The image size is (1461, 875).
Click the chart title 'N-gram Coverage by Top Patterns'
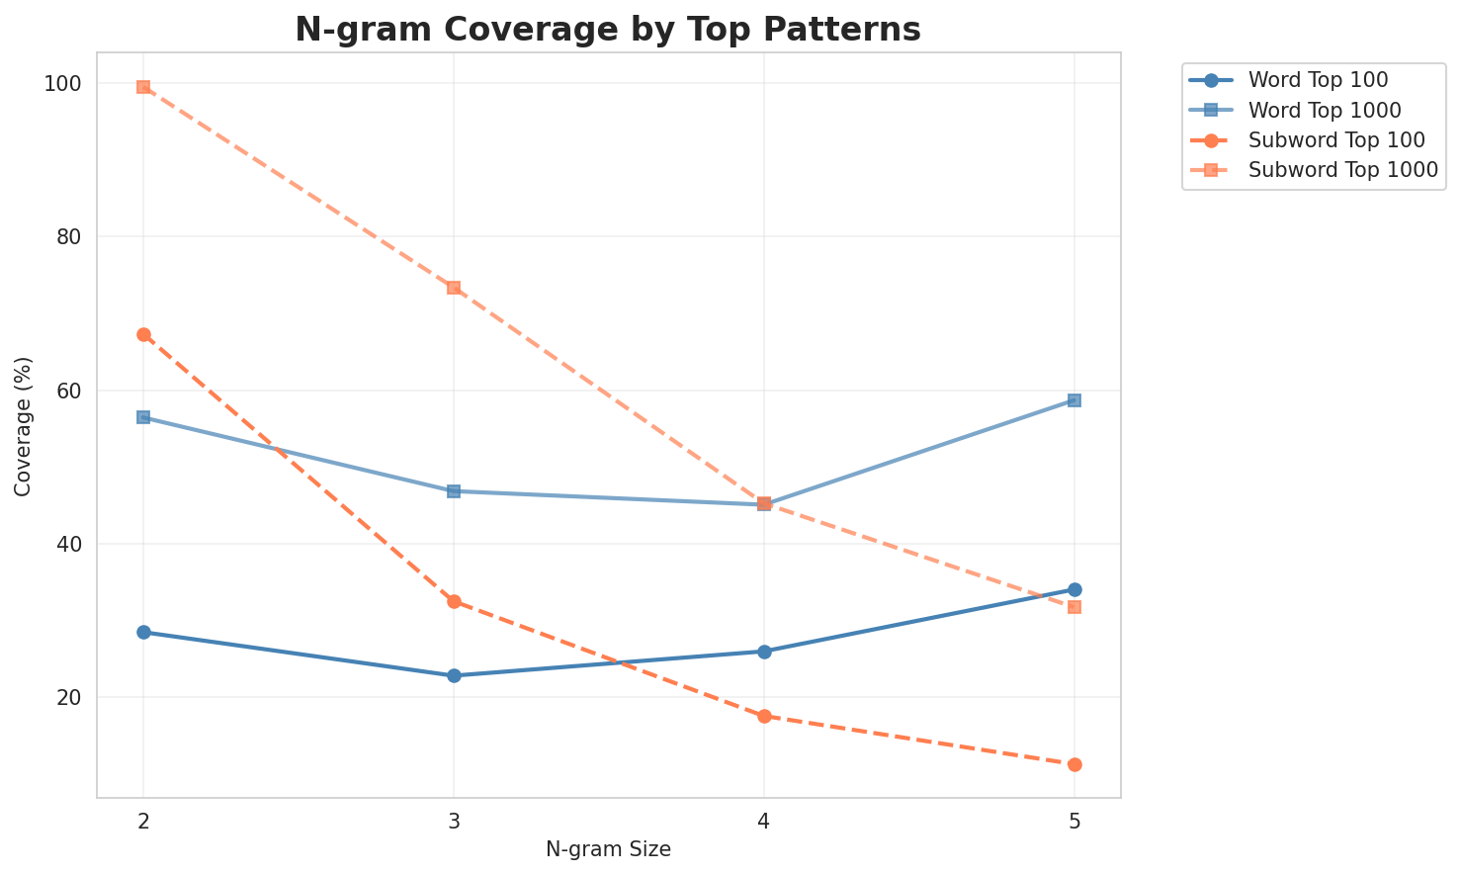[608, 30]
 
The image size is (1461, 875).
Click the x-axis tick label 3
[454, 820]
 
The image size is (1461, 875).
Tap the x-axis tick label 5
[1074, 820]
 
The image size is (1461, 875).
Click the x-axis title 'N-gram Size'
[608, 849]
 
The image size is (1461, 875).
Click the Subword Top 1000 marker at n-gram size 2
[143, 87]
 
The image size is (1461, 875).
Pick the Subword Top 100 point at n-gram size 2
[143, 335]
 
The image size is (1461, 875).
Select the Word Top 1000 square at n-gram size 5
[1074, 400]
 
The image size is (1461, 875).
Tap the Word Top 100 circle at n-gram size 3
[454, 676]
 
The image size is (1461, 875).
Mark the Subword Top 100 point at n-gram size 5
[1074, 764]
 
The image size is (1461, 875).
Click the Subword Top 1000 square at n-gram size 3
[454, 288]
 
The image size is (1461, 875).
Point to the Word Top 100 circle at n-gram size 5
[1074, 590]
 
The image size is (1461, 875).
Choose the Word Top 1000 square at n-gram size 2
[143, 417]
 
